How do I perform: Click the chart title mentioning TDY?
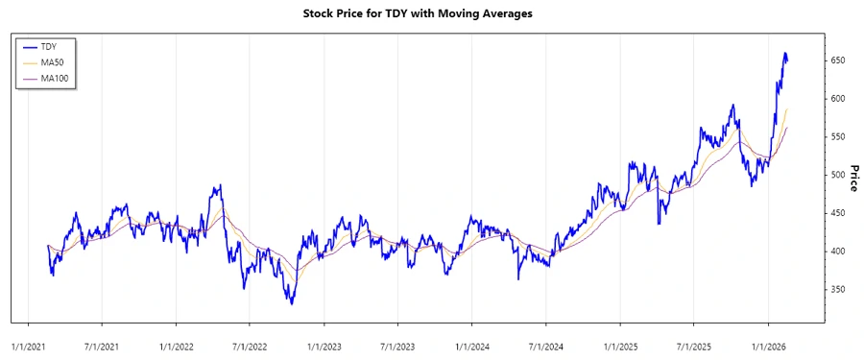tap(431, 13)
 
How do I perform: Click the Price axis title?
tap(853, 179)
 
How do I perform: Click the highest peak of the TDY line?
tap(785, 53)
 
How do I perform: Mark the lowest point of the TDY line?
tap(292, 304)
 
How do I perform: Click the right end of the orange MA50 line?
tap(787, 108)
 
